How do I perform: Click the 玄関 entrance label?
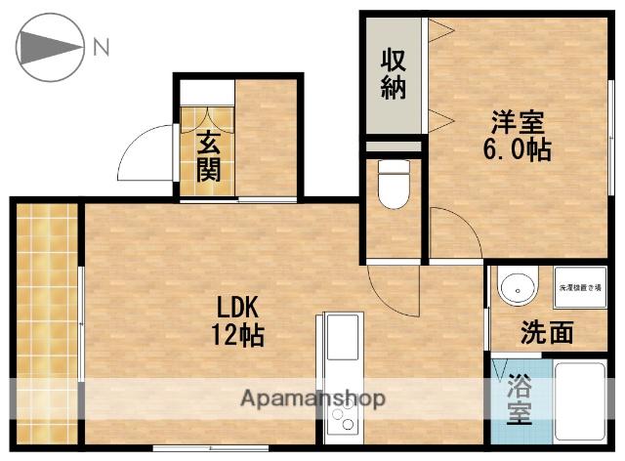click(208, 156)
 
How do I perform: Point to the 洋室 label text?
click(518, 123)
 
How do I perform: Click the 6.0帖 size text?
click(518, 150)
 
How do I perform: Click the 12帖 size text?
click(238, 335)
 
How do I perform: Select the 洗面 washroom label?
click(546, 333)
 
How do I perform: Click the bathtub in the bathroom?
click(583, 402)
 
